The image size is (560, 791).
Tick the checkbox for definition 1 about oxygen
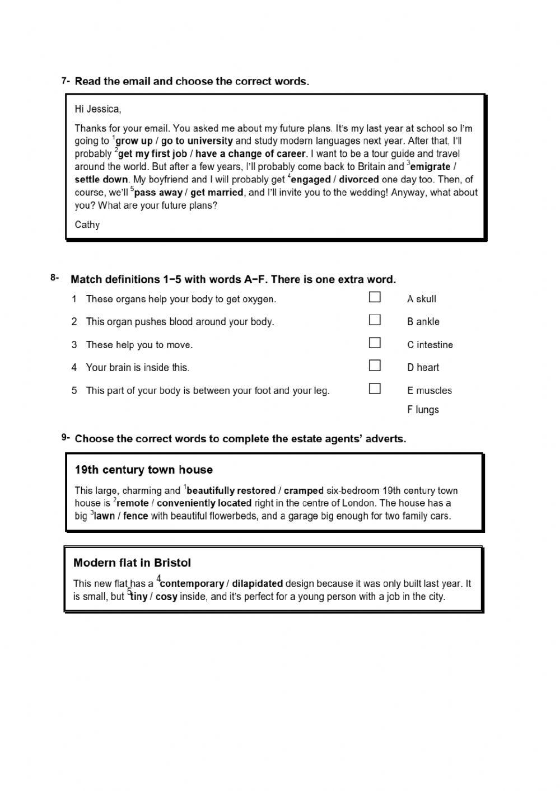(375, 297)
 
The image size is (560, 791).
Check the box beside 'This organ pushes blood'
(375, 320)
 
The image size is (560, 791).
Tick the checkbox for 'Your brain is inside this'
(375, 366)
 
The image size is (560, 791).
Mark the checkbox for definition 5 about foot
(375, 389)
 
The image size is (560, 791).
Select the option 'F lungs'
(423, 410)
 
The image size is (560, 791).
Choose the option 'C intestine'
(430, 345)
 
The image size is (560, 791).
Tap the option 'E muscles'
(429, 391)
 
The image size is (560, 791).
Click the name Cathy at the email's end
(87, 224)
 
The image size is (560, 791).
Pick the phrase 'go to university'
(197, 141)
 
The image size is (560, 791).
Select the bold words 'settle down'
(101, 180)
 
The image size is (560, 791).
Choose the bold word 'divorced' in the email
(359, 180)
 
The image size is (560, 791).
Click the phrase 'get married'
(217, 193)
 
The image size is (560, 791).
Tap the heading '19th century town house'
(143, 470)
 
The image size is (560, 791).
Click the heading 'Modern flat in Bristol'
(132, 563)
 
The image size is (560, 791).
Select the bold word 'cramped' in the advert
(304, 490)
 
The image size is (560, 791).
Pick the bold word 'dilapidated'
(257, 583)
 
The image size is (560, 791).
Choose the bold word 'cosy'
(166, 597)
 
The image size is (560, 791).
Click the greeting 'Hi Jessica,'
(97, 109)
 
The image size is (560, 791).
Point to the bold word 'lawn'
(104, 516)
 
